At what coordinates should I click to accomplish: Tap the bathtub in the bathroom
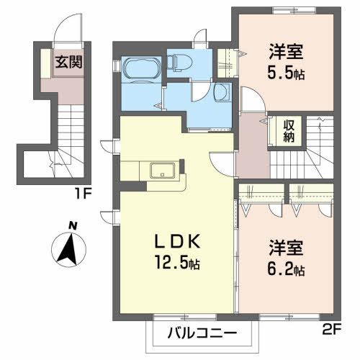coord(141,71)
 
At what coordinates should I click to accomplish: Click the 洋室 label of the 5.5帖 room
coord(286,52)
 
